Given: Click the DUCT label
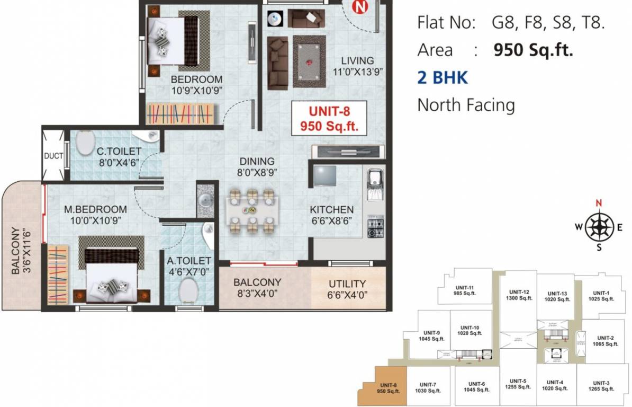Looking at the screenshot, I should pyautogui.click(x=53, y=156).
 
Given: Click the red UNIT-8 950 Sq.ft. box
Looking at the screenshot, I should pyautogui.click(x=329, y=119).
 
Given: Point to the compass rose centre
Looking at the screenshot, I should pyautogui.click(x=599, y=227).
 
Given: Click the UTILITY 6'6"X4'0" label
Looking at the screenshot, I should pyautogui.click(x=347, y=289).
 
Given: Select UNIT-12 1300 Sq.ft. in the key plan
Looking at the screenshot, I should pyautogui.click(x=519, y=295).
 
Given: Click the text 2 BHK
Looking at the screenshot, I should pyautogui.click(x=443, y=78).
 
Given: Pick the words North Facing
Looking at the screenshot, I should pyautogui.click(x=466, y=105).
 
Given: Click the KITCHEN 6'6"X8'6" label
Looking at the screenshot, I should pyautogui.click(x=332, y=215).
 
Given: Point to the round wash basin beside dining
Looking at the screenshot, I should pyautogui.click(x=205, y=200).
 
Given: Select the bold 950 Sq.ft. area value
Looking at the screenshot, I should pyautogui.click(x=533, y=50).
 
